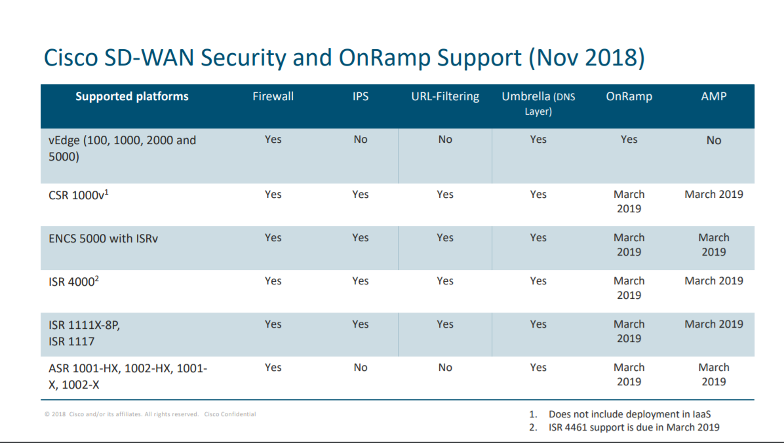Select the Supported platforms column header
(132, 96)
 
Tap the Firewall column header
(273, 96)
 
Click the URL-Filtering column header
(444, 96)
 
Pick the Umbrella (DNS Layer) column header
(538, 104)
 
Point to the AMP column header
(713, 96)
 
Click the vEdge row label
(122, 149)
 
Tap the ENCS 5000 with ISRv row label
(103, 238)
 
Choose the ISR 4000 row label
(73, 281)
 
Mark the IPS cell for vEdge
(360, 140)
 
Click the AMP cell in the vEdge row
(713, 140)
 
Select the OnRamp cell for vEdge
(629, 140)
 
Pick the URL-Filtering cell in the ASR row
(444, 368)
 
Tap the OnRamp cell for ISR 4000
(629, 288)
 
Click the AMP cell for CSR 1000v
(713, 195)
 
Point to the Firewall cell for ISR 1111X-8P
(273, 324)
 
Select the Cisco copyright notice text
(150, 414)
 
